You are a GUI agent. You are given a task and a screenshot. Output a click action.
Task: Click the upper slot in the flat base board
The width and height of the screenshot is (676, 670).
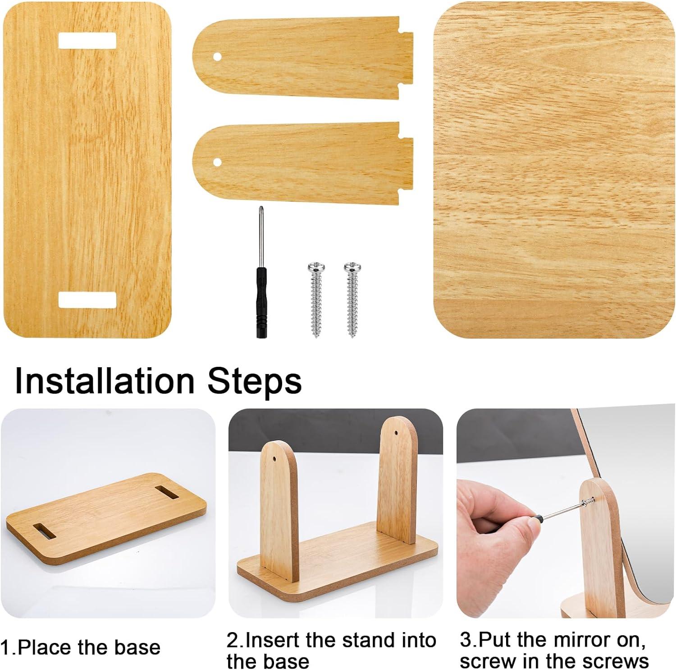click(87, 41)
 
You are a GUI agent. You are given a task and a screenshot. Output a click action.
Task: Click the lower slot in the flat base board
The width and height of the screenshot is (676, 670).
click(87, 300)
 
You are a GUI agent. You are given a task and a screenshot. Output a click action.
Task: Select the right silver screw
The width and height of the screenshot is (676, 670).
click(352, 298)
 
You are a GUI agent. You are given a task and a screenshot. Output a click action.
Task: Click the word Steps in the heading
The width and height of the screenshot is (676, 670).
click(255, 381)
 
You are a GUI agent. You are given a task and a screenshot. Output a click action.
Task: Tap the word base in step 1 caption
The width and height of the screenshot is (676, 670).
click(137, 647)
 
